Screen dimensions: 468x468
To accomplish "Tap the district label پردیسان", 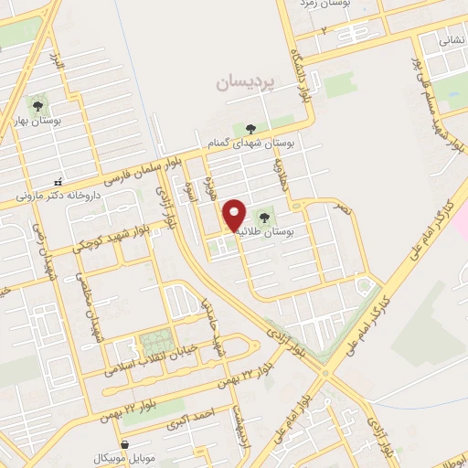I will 244,82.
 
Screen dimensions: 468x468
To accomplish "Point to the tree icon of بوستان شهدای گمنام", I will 251,128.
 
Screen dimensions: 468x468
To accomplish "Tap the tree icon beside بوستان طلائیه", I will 265,218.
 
